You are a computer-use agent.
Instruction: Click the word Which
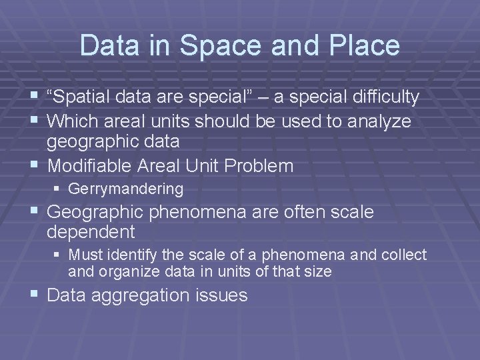[x=72, y=121]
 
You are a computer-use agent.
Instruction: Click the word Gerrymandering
[x=126, y=189]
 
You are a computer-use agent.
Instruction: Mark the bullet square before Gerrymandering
[x=59, y=189]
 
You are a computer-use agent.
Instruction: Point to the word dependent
[x=91, y=232]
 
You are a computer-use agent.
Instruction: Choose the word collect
[x=404, y=255]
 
